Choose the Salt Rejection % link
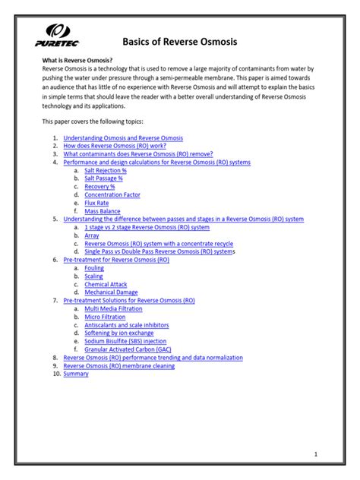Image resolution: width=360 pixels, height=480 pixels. [x=106, y=172]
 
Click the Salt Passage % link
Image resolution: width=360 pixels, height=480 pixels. [x=103, y=180]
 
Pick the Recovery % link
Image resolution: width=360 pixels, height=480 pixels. [x=99, y=189]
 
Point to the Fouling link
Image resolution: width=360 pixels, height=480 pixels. [x=94, y=268]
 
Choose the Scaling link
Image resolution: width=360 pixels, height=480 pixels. [x=94, y=276]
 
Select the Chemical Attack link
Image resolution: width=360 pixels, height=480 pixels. [x=106, y=285]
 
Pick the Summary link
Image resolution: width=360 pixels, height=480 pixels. [x=76, y=374]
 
